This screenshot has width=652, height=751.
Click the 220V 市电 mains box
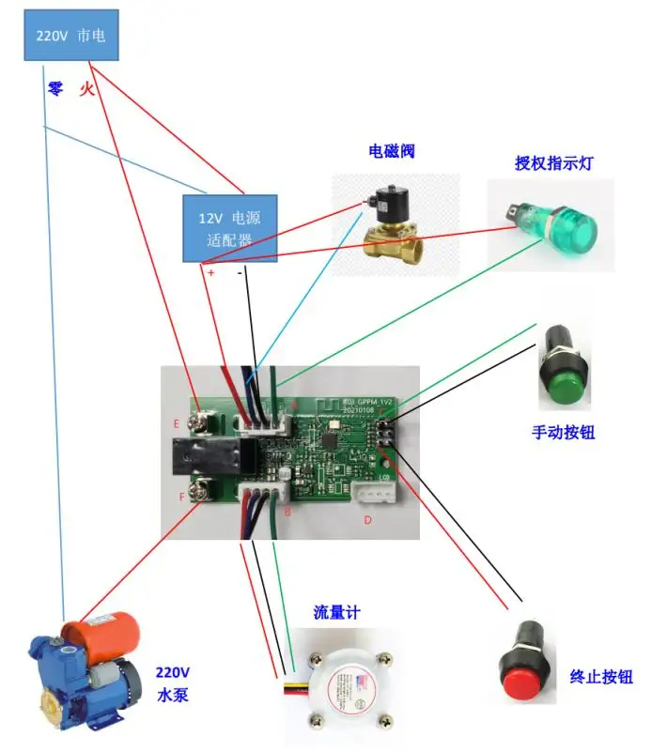coord(71,37)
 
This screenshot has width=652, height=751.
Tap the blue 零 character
coord(54,89)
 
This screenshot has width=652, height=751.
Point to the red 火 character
coord(86,89)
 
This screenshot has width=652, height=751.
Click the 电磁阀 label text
coord(392,152)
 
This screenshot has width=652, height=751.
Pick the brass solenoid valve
coord(391,223)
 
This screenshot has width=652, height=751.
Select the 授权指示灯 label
coord(553,161)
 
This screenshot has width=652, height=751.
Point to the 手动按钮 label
coord(563,433)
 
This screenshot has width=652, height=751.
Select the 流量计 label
coord(335,612)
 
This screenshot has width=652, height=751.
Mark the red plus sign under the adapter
coord(210,273)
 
